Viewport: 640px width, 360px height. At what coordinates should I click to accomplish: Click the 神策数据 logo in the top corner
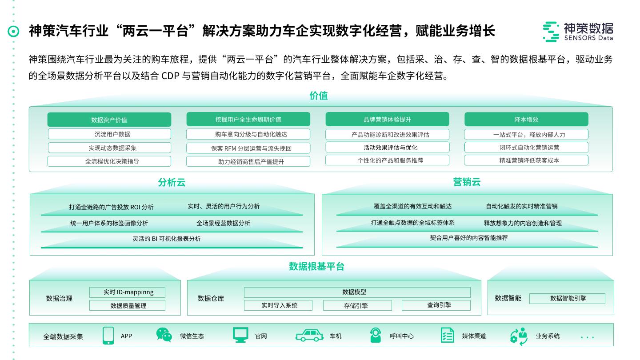point(578,32)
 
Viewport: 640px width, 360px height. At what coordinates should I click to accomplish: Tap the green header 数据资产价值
point(109,120)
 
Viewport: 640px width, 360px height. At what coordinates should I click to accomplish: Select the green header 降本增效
point(526,120)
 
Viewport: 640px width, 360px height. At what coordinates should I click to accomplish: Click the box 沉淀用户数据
point(109,134)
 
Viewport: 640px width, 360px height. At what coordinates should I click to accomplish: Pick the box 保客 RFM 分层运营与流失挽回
point(248,148)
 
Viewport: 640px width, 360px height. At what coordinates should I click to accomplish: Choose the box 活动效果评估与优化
point(387,147)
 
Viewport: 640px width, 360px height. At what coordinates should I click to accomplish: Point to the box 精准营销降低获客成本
point(526,160)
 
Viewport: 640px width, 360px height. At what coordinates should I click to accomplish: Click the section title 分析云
point(172,182)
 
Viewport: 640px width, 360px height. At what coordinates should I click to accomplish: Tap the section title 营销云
point(467,182)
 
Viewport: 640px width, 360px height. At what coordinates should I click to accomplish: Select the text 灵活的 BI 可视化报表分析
point(167,239)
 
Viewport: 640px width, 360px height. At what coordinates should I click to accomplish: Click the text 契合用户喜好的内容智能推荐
point(468,238)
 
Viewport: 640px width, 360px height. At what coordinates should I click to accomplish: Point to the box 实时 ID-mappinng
point(128,292)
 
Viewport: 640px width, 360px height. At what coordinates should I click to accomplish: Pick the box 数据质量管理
point(128,306)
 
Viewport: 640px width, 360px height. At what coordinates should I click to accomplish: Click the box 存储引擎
point(357,305)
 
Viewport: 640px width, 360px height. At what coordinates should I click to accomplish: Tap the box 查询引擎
point(436,305)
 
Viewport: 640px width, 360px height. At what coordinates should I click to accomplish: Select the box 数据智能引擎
point(567,298)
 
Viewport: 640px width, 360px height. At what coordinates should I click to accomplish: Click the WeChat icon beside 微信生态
point(164,335)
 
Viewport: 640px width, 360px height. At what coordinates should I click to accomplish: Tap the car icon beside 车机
point(309,336)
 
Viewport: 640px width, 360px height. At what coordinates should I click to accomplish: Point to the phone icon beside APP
point(108,336)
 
